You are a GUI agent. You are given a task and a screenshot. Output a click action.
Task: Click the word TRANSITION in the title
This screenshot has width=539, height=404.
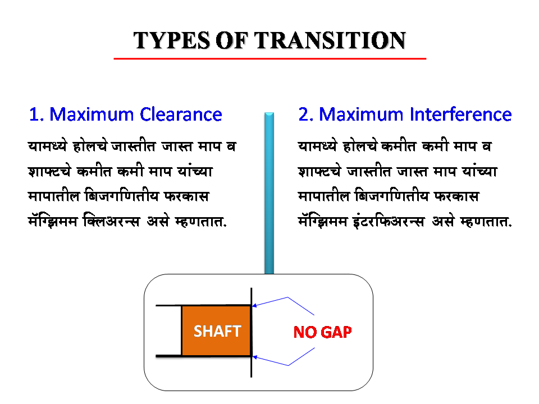click(x=330, y=40)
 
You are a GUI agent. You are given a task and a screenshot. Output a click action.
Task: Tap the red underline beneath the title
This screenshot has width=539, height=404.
click(x=269, y=58)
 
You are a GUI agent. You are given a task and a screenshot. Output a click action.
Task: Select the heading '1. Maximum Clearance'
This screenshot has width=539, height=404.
click(x=125, y=114)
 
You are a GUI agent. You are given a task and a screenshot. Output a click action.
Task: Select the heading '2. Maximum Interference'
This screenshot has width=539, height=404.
click(x=405, y=114)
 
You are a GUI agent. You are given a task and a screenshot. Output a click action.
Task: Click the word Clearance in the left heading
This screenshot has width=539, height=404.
click(x=181, y=114)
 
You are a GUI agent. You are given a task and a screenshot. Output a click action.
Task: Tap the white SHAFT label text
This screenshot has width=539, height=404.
click(x=217, y=331)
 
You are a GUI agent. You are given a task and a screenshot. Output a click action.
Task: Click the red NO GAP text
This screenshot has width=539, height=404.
click(x=322, y=332)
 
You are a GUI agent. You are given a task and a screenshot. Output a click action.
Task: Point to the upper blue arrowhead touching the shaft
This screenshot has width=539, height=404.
click(x=254, y=306)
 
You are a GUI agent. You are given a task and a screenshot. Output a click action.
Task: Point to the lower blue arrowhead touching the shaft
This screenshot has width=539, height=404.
click(x=254, y=356)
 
